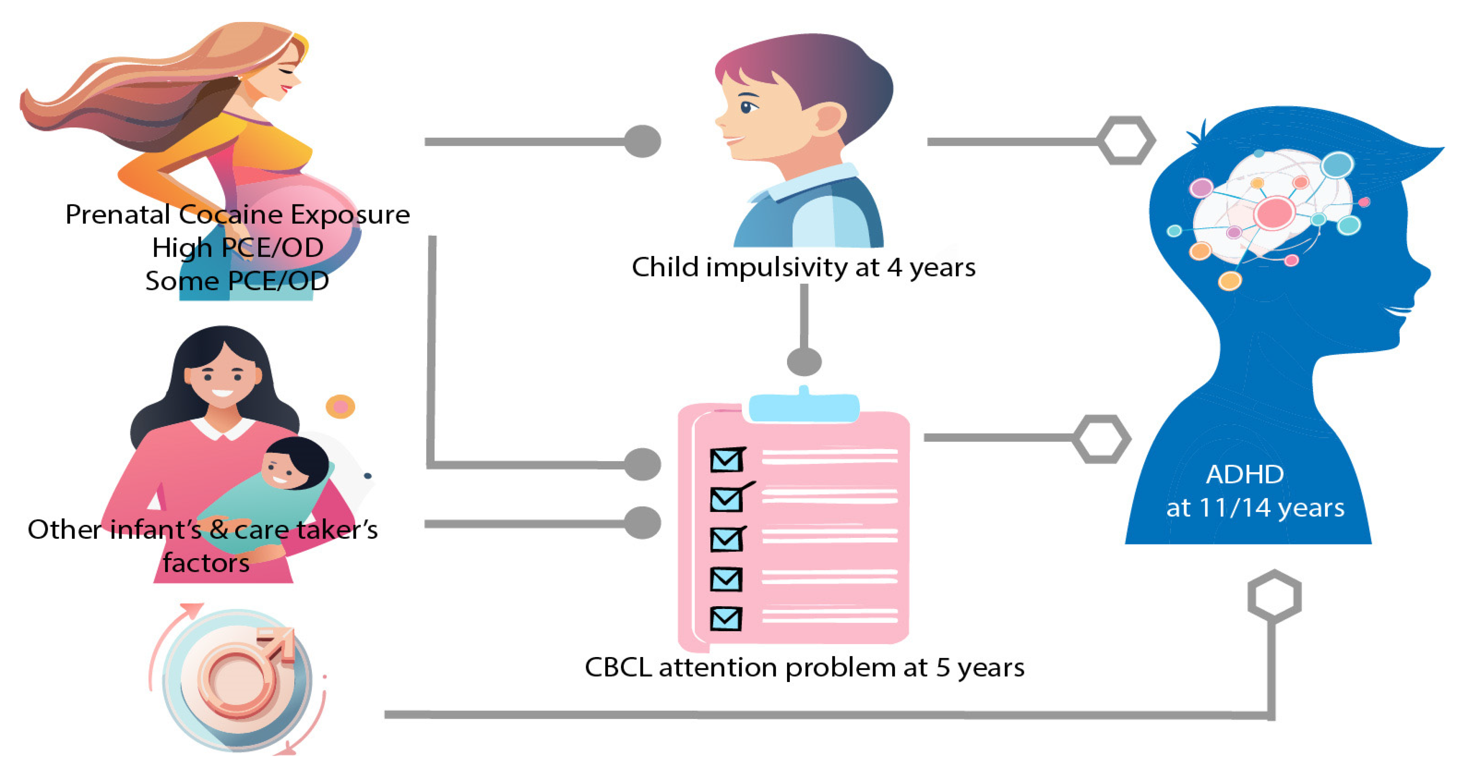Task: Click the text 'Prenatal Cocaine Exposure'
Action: click(238, 215)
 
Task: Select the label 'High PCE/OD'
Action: click(238, 248)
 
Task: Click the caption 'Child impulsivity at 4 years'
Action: click(803, 267)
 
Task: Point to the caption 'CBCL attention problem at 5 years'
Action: click(804, 667)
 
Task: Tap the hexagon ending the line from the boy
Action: click(1126, 141)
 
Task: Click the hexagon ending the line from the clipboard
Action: click(1101, 439)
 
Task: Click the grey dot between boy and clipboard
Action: click(804, 362)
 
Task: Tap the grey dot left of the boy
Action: click(642, 141)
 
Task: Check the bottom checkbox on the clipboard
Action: click(726, 618)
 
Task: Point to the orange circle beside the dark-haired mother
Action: click(340, 407)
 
